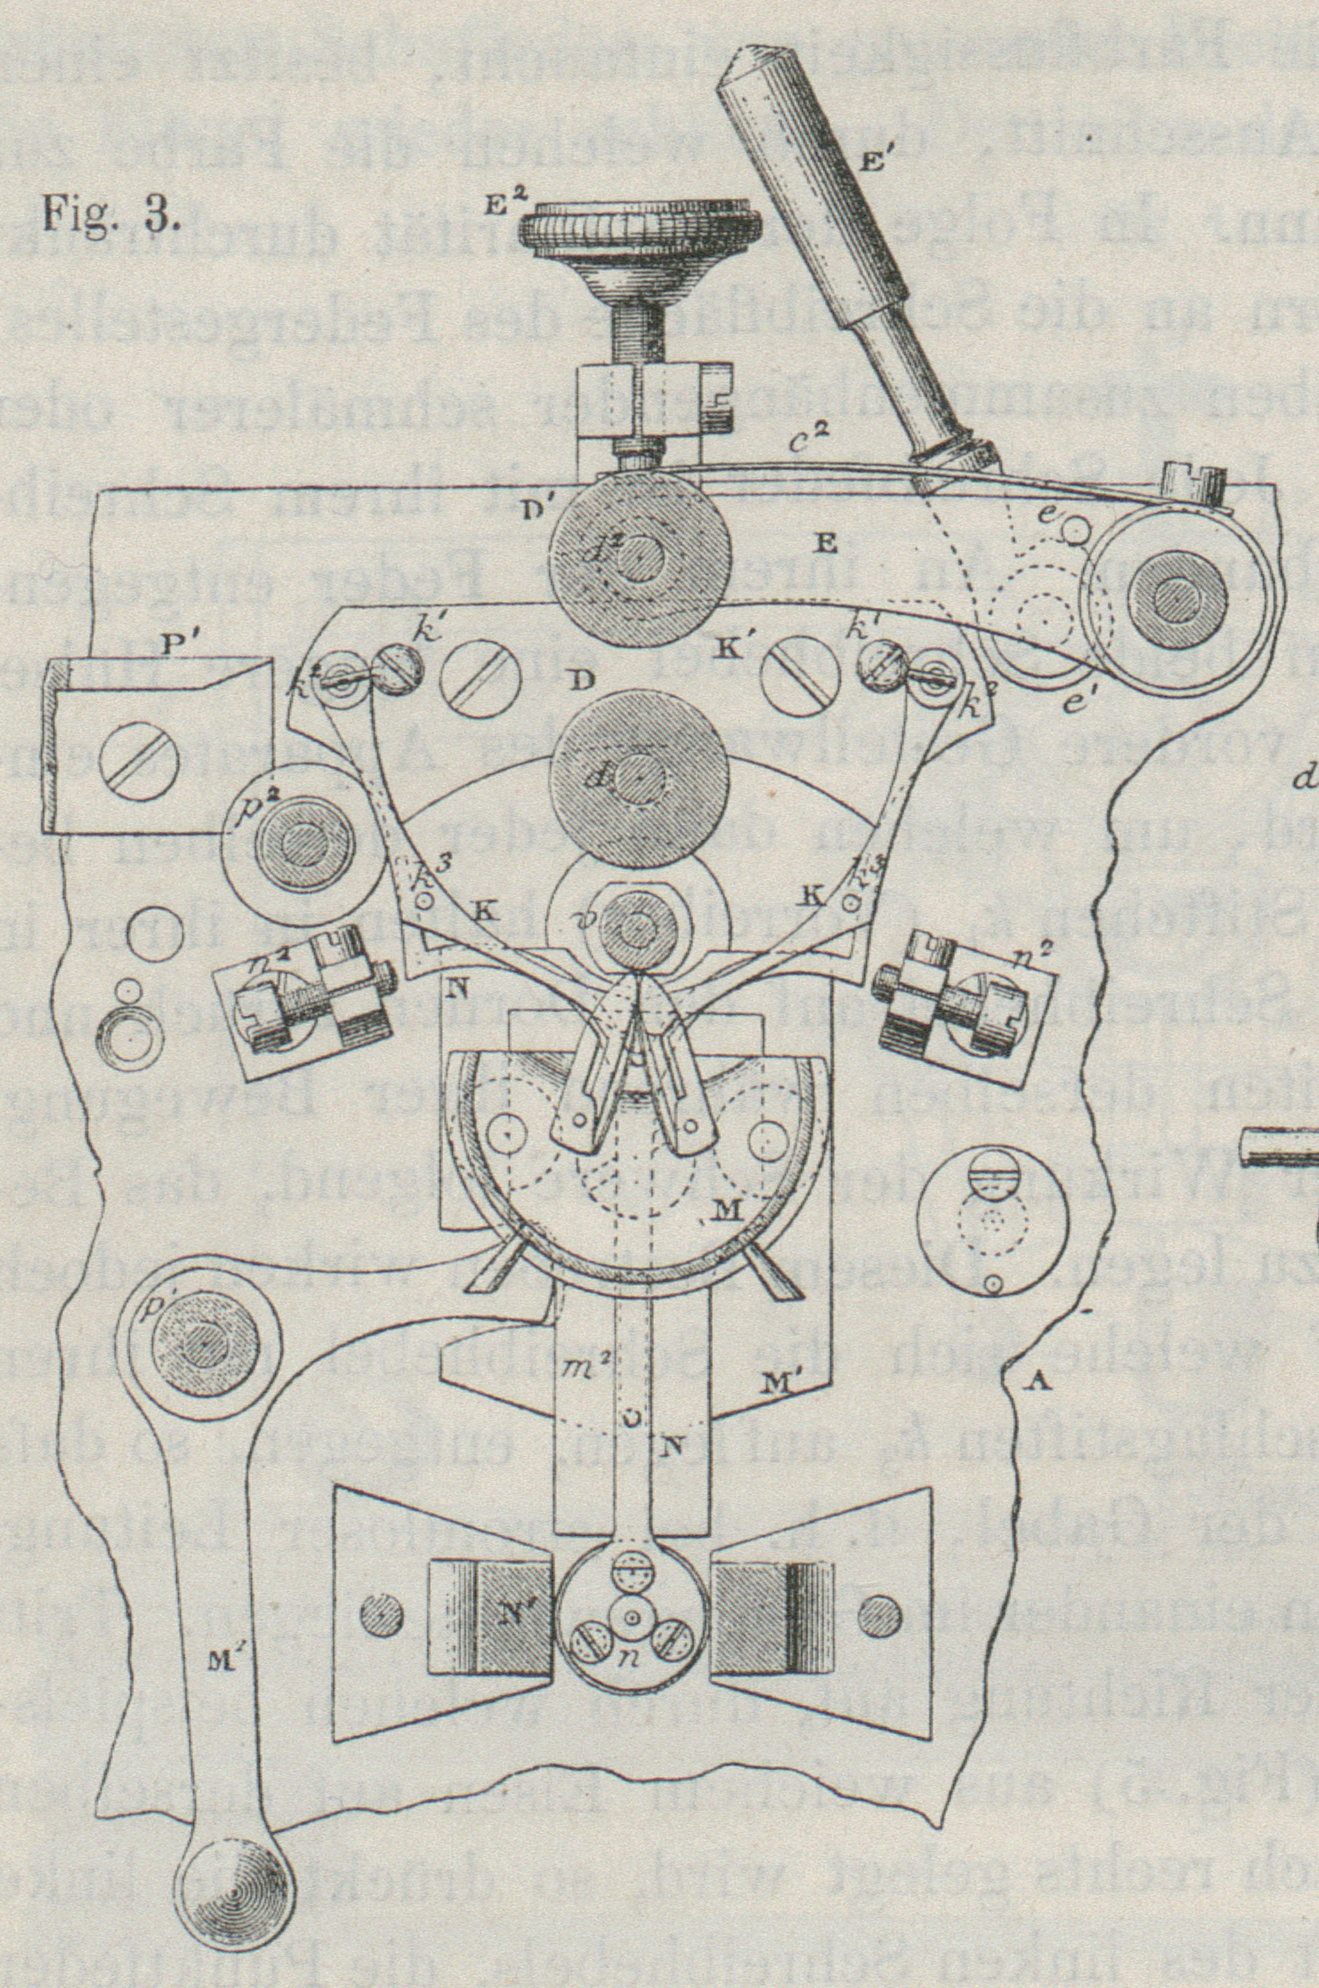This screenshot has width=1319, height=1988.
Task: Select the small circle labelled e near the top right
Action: [1077, 532]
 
